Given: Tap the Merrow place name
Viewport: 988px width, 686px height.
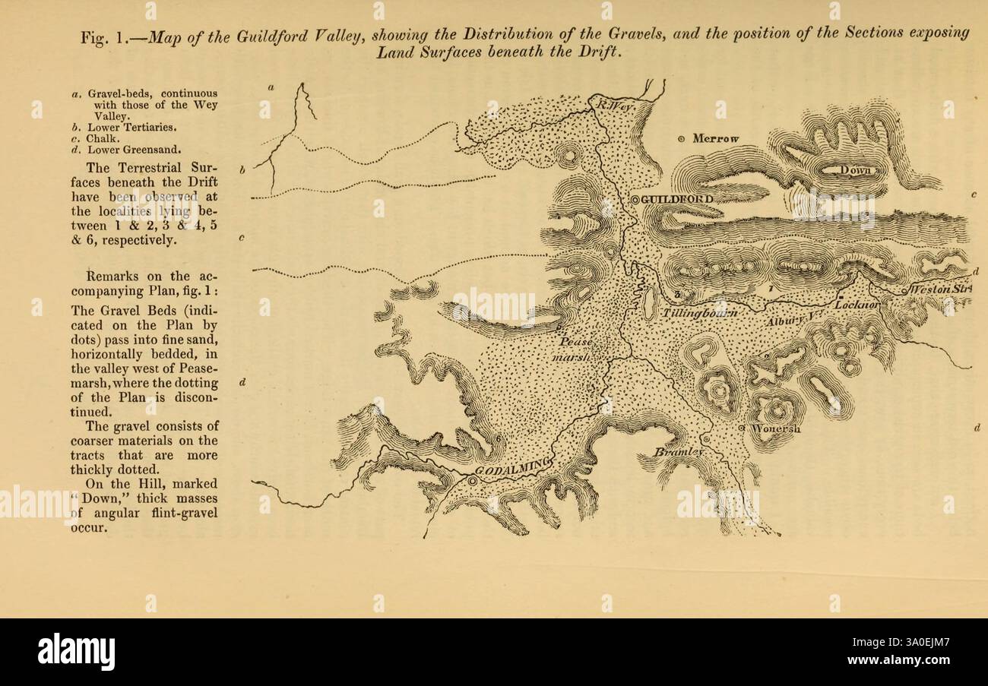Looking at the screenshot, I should click(x=717, y=138).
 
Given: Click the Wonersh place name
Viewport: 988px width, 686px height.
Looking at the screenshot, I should click(x=776, y=428).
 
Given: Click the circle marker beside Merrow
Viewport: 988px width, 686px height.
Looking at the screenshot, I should click(x=681, y=139).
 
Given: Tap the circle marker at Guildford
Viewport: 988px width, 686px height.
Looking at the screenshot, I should click(x=635, y=199).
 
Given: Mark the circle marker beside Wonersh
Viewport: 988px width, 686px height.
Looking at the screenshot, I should click(x=743, y=428).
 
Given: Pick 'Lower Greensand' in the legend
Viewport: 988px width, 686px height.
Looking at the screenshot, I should click(x=134, y=149).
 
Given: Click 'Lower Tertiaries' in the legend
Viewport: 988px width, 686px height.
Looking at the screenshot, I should click(x=135, y=128).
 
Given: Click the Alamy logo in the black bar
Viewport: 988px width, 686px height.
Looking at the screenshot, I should click(x=76, y=652).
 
